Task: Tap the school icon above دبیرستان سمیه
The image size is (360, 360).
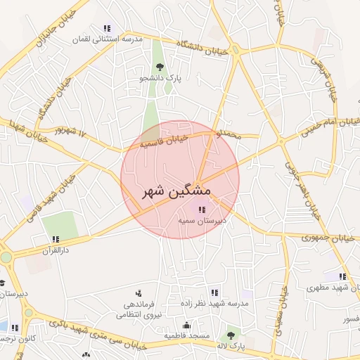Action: [202, 209]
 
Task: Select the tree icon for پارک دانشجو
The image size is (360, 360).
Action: [160, 67]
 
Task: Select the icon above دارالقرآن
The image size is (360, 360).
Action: [56, 239]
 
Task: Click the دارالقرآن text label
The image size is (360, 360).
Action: [58, 250]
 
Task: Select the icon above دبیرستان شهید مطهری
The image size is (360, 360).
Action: [342, 276]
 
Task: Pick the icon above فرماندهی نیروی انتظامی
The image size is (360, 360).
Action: [138, 292]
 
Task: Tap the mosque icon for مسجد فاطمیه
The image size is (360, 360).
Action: [186, 325]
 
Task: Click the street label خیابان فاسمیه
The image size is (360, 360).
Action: [163, 142]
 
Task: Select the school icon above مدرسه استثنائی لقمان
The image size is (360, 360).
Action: [106, 28]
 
